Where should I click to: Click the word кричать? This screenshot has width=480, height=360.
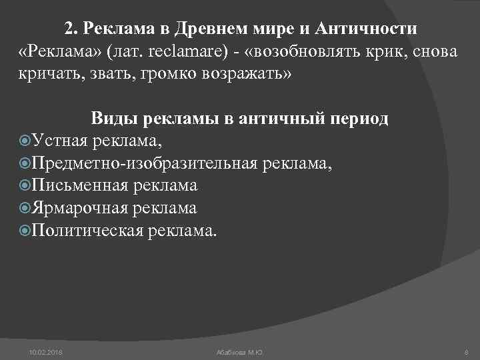point(47,73)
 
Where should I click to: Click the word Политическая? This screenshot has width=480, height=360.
point(87,231)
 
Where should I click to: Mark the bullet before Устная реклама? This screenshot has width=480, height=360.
point(25,141)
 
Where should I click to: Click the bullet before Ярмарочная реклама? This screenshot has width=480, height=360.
point(25,209)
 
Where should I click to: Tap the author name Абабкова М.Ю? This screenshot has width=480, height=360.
point(240,351)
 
